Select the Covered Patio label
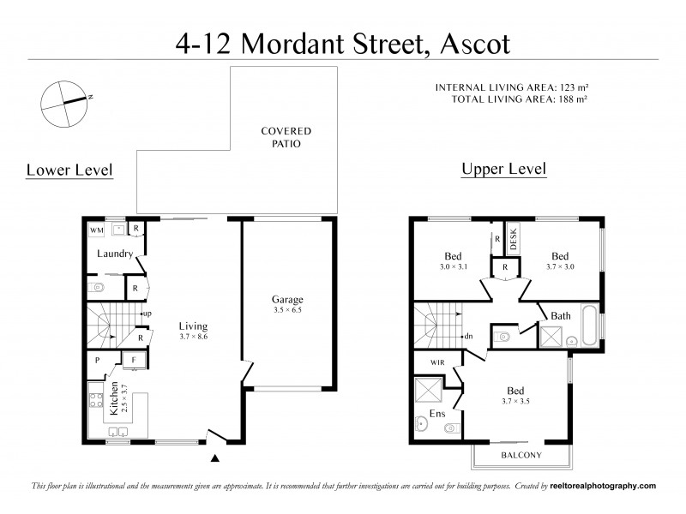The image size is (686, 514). (x=286, y=137)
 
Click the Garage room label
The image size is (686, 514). (x=288, y=300)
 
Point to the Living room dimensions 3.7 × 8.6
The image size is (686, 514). (x=193, y=338)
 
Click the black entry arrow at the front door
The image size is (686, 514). (x=215, y=460)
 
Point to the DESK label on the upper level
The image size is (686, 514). (x=514, y=236)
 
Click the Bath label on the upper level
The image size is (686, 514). (x=561, y=316)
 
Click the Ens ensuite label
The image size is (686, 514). (x=436, y=413)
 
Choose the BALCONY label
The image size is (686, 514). (x=521, y=455)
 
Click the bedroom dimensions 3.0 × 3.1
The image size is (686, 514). (x=452, y=267)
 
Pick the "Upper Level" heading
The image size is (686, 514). (x=503, y=169)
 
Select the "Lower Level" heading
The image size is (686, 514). (x=69, y=170)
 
